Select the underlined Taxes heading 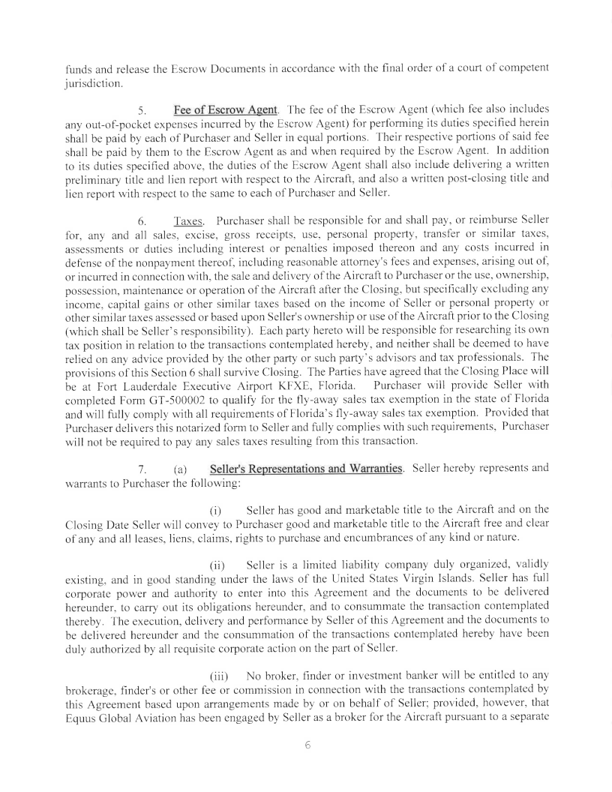[185, 221]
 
